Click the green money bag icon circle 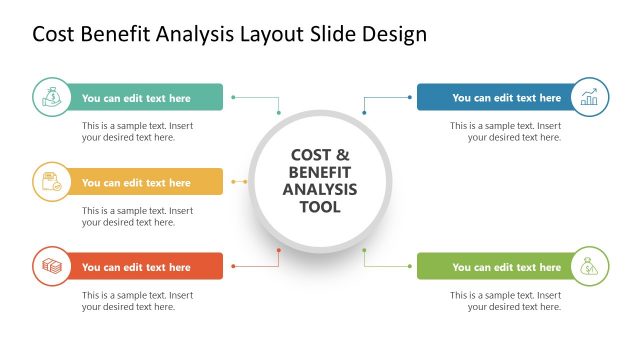(52, 97)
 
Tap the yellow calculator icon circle (52, 182)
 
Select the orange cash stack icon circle (52, 266)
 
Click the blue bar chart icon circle (588, 97)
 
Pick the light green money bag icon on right (588, 266)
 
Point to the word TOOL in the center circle (320, 208)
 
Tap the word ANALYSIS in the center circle (320, 190)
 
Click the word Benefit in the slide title (119, 34)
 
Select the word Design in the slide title (394, 34)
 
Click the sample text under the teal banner (137, 132)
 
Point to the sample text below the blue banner (505, 132)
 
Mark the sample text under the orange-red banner (137, 301)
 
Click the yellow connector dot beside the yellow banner (234, 182)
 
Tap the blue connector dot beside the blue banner (409, 97)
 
